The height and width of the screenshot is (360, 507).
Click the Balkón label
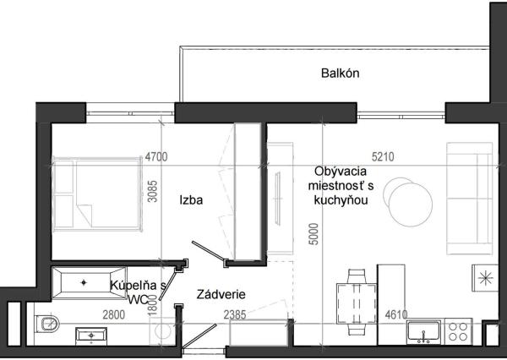pos(341,73)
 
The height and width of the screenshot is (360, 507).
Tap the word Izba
pos(190,200)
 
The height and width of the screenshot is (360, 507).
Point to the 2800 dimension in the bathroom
pos(113,315)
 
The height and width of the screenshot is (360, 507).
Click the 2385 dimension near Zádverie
pos(236,315)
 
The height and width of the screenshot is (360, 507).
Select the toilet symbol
pos(48,324)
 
